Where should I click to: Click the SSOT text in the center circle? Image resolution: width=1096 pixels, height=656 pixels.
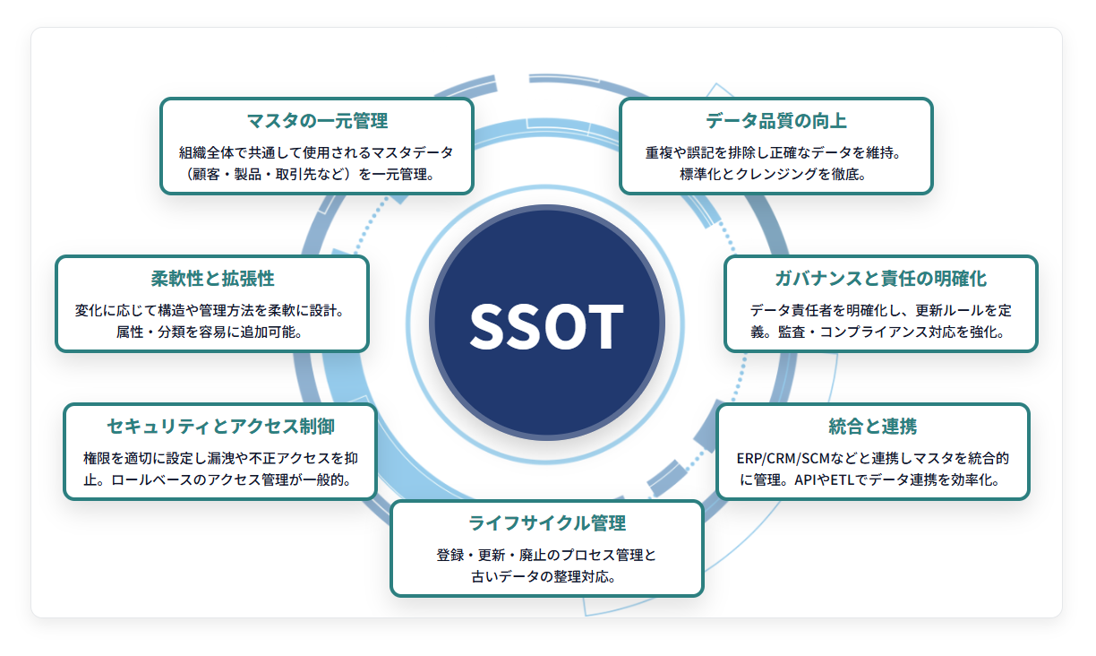pyautogui.click(x=546, y=325)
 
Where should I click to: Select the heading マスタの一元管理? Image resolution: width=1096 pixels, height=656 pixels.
pyautogui.click(x=317, y=121)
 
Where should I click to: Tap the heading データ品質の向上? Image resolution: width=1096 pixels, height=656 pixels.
pyautogui.click(x=776, y=121)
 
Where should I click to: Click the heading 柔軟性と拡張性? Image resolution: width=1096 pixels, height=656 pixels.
pyautogui.click(x=212, y=279)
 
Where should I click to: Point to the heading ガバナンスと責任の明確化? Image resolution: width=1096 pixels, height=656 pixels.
pyautogui.click(x=881, y=279)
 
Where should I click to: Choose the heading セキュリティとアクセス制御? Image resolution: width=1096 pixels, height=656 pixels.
pyautogui.click(x=220, y=427)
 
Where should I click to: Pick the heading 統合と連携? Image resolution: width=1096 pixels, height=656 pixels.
pyautogui.click(x=873, y=427)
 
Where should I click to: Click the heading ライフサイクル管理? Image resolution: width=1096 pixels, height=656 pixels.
pyautogui.click(x=547, y=523)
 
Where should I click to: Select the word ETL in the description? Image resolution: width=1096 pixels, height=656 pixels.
pyautogui.click(x=842, y=479)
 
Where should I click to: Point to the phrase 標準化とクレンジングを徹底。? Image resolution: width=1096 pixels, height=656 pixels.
pyautogui.click(x=774, y=174)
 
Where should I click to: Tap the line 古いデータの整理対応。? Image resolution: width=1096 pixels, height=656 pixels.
pyautogui.click(x=544, y=577)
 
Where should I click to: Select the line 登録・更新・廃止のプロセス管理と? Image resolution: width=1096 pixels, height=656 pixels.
pyautogui.click(x=546, y=555)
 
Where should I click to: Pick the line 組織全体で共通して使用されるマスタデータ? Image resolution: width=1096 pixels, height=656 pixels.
pyautogui.click(x=317, y=152)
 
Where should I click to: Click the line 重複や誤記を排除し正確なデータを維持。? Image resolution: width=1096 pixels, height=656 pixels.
pyautogui.click(x=774, y=152)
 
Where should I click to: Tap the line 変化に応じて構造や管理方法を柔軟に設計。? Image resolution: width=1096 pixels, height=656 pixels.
pyautogui.click(x=211, y=310)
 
